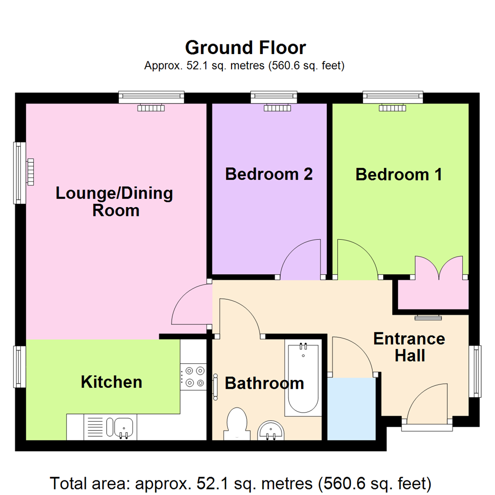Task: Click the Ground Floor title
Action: coord(245,47)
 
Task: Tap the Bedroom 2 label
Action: coord(269,174)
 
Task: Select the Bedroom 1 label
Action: coord(399,175)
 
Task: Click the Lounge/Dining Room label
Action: coord(115,202)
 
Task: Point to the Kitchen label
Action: coord(111,381)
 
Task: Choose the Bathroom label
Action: coord(264,383)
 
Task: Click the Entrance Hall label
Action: coord(409,347)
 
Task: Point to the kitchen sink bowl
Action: coord(123,427)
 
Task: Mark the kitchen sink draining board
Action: coord(95,427)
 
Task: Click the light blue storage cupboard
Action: coord(352,408)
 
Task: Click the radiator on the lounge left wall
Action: coord(31,172)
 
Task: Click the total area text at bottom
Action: coord(240,483)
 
